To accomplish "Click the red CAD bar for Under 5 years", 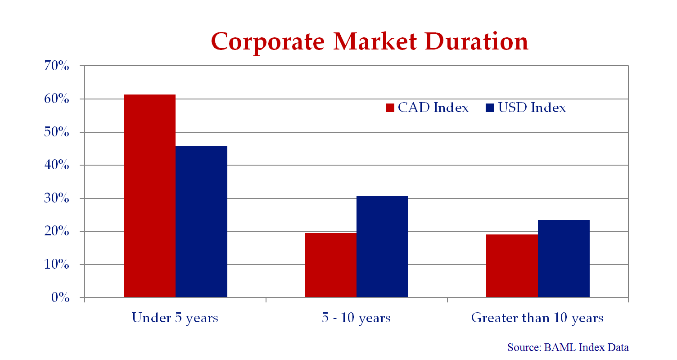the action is pos(149,196).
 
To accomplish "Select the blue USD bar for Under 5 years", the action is pos(201,221).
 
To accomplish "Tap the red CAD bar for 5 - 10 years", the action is pos(331,265).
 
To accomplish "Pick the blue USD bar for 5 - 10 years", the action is pos(382,247).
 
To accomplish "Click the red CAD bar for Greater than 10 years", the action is pos(512,266).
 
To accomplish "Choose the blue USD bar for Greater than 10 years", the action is pos(564,259).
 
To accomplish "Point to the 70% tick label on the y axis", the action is pos(57,66).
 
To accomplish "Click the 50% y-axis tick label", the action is pos(57,132).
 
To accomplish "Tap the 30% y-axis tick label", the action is pos(57,198).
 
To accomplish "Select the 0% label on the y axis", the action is pos(60,297).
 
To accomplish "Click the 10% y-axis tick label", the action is pos(57,264).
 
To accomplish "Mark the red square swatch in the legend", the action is pos(390,108).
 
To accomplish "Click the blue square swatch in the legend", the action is pos(490,108).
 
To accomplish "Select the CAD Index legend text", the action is pos(433,108).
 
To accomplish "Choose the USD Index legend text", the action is pos(532,108).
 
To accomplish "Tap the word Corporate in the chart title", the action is pos(268,42).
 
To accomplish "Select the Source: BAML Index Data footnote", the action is pos(568,347).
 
